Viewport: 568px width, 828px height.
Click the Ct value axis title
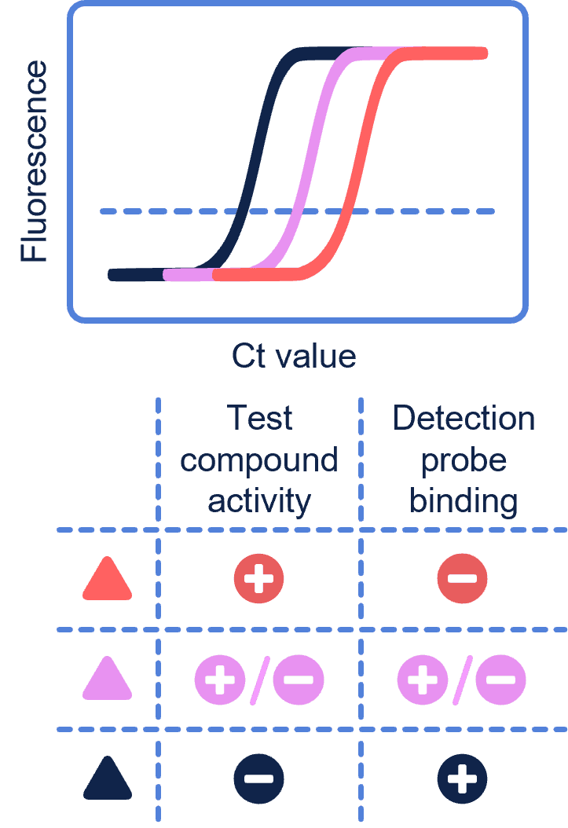point(294,356)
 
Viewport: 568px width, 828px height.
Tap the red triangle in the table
point(108,581)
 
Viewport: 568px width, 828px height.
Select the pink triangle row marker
point(108,680)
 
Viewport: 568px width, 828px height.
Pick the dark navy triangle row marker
point(108,779)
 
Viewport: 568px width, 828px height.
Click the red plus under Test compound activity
point(258,580)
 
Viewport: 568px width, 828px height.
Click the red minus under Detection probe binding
point(462,580)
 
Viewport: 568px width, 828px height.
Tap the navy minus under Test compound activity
point(258,779)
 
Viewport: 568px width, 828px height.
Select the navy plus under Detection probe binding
point(462,779)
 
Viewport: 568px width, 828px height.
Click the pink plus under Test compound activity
point(220,680)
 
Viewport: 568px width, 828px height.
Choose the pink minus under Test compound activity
point(298,680)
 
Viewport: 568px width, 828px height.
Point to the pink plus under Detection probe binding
point(423,680)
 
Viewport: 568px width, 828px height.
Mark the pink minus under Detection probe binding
point(500,680)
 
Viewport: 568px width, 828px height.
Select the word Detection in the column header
point(464,418)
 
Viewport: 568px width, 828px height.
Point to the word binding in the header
point(464,501)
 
